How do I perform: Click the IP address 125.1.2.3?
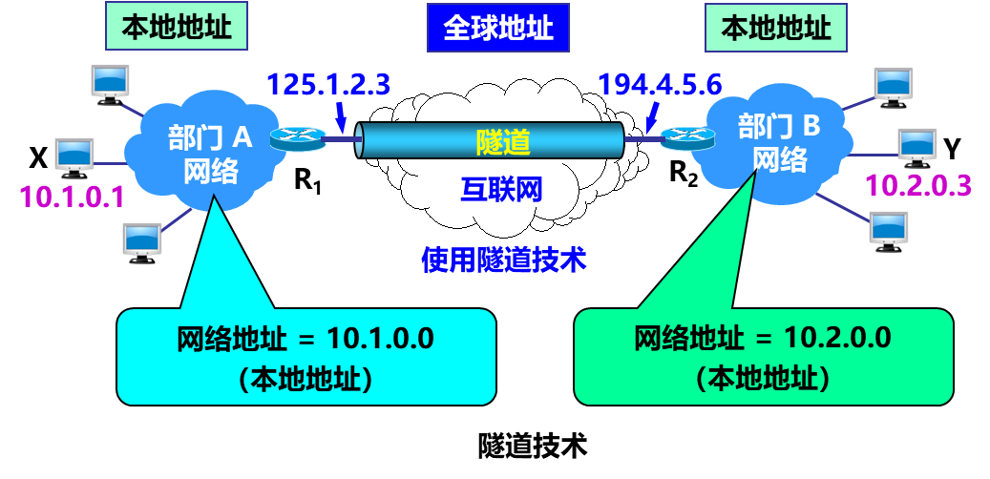[x=328, y=85]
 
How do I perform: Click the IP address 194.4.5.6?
[x=660, y=85]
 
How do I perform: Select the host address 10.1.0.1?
[x=73, y=198]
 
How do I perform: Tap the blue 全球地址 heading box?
[x=497, y=27]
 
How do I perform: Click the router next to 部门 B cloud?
[x=687, y=137]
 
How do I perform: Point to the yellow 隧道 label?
[x=502, y=142]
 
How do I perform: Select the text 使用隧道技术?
[x=503, y=259]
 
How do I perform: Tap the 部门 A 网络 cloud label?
[x=209, y=155]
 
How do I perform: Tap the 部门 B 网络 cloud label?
[x=779, y=142]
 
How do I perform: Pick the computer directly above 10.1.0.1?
[x=74, y=155]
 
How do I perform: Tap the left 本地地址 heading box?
[x=176, y=27]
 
